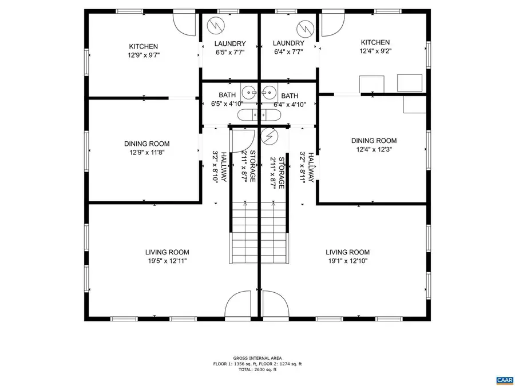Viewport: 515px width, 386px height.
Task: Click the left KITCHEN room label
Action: click(x=143, y=46)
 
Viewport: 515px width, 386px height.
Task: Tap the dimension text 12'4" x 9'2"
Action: click(x=375, y=51)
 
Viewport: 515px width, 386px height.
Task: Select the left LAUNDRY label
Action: click(x=230, y=43)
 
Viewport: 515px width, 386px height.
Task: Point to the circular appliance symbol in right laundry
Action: click(x=304, y=27)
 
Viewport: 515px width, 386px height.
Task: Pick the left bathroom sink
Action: click(x=249, y=92)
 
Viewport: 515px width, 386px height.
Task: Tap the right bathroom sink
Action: click(x=269, y=92)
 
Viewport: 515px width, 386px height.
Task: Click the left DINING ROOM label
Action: click(x=146, y=144)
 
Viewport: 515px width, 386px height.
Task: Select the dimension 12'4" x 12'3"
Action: click(x=374, y=149)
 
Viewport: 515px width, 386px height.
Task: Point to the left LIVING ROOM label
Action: click(x=167, y=252)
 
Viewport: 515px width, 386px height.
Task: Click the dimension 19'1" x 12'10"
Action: click(x=347, y=261)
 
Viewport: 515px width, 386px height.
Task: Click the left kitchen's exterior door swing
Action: click(x=184, y=23)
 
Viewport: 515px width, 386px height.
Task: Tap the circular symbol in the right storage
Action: click(x=268, y=137)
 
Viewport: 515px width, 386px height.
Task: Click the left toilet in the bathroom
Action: click(x=247, y=115)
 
